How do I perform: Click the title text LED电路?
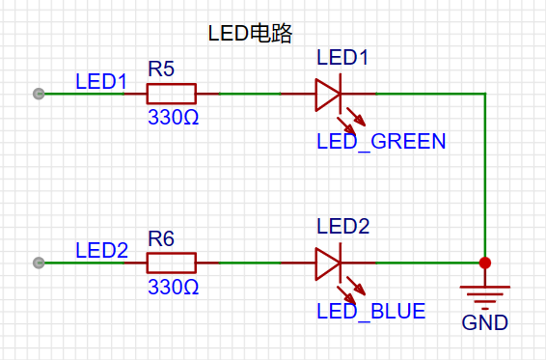coord(251,33)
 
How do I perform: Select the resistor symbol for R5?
coord(171,94)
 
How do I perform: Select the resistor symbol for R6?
coord(171,263)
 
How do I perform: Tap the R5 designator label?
coord(161,69)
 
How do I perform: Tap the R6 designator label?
coord(161,237)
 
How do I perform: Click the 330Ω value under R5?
coord(173,118)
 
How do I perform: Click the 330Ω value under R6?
coord(173,288)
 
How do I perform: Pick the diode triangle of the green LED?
coord(328,94)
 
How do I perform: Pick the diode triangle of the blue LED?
coord(328,263)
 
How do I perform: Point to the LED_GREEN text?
coord(381,142)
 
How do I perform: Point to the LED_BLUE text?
coord(370,312)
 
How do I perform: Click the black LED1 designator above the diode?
coord(342,58)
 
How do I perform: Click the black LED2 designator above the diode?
coord(342,227)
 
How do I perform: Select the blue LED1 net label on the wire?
coord(101,81)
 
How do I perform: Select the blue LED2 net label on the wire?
coord(101,251)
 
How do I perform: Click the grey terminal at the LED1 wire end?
coord(39,94)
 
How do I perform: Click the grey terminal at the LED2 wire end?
coord(39,263)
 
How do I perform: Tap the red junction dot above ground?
coord(485,263)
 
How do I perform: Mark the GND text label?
coord(485,322)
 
